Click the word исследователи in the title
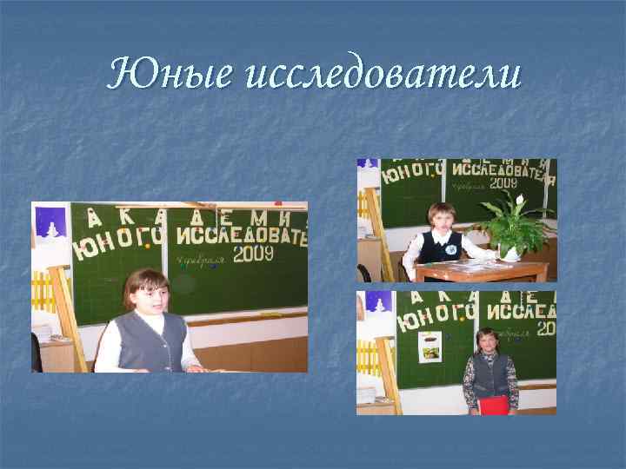coord(383,76)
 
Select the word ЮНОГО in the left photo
coord(118,243)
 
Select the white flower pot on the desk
coord(507,252)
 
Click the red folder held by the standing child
coord(494,404)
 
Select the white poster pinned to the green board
coord(430,347)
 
